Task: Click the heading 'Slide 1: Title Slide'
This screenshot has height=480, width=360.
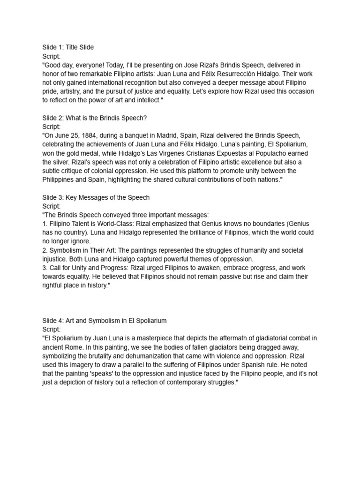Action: [x=67, y=47]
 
